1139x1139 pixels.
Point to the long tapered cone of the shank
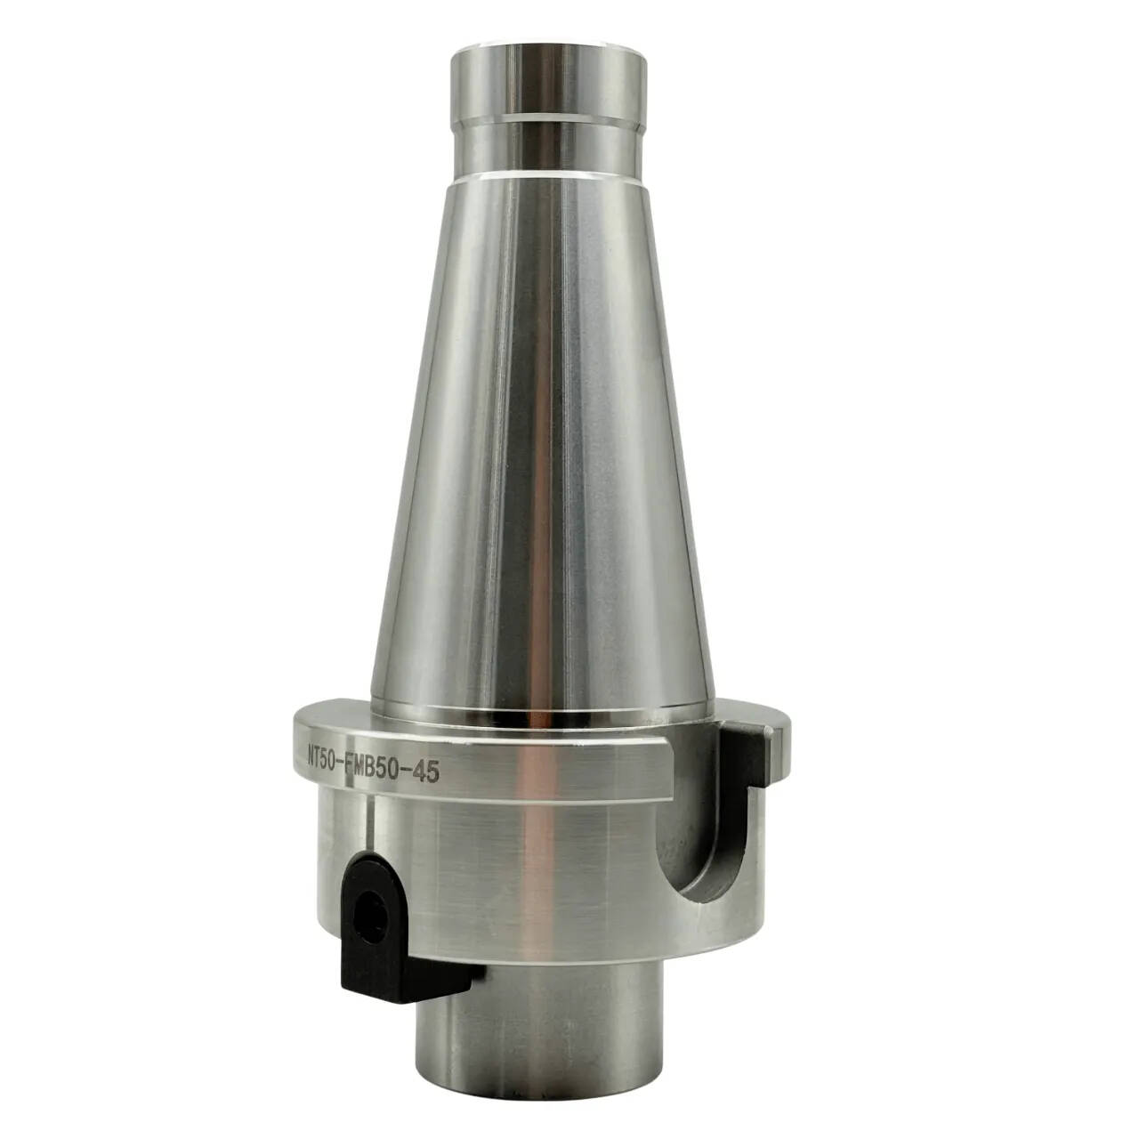[541, 443]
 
